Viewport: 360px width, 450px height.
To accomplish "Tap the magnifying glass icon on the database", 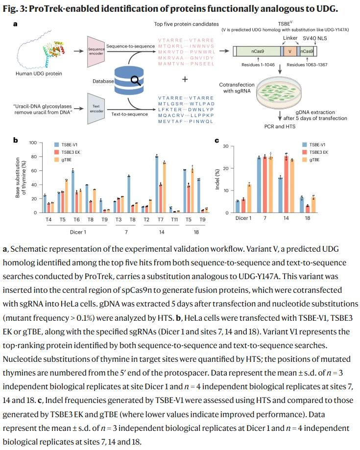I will pos(133,80).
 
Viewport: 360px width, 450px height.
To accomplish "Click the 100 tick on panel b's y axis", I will pos(33,143).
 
